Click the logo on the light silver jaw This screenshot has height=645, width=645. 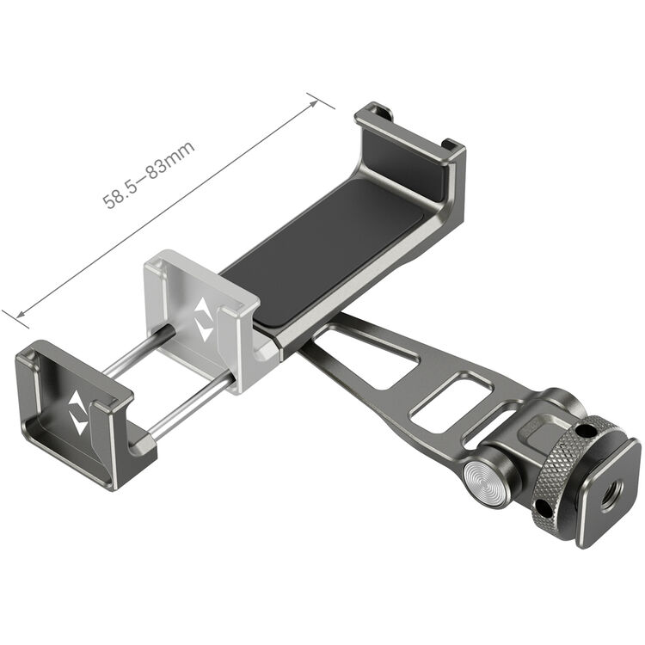[204, 320]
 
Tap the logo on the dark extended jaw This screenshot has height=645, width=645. [77, 414]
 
